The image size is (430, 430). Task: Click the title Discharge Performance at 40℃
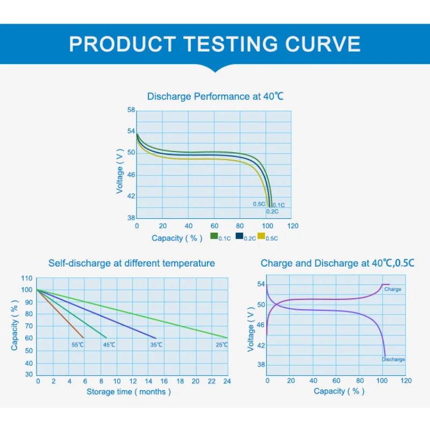[215, 97]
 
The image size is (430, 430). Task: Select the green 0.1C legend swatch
[214, 236]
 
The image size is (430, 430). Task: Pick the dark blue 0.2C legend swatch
[239, 236]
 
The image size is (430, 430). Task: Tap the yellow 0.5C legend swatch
[262, 236]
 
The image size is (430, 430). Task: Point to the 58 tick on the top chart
[131, 110]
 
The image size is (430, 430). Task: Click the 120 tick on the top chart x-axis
[292, 226]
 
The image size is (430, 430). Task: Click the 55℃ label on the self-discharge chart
[77, 345]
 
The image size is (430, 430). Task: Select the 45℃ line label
[109, 345]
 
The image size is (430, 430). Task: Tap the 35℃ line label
[156, 345]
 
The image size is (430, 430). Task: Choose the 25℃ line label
[221, 345]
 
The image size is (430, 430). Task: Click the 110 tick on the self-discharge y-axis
[27, 278]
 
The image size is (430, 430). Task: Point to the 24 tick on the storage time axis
[227, 381]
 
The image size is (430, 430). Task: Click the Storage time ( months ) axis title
[129, 392]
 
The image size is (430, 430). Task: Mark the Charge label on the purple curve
[393, 289]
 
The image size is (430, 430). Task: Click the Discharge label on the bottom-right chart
[393, 359]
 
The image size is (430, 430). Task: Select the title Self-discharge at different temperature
[132, 263]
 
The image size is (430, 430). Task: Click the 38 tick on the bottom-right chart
[261, 365]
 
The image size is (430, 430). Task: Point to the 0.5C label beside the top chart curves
[259, 204]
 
